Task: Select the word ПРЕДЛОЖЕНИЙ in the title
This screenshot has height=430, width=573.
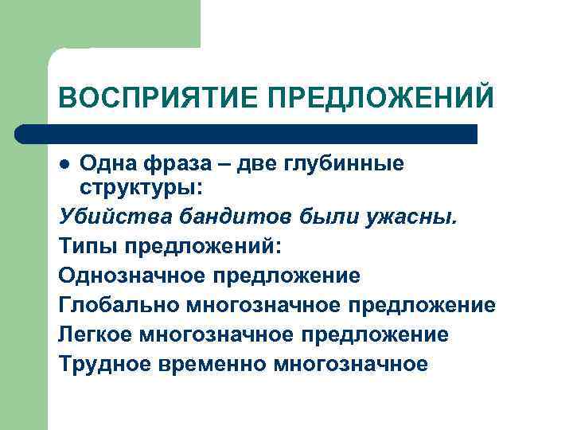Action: coord(380,99)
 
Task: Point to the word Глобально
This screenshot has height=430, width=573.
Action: coord(119,306)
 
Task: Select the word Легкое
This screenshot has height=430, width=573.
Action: coord(95,335)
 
